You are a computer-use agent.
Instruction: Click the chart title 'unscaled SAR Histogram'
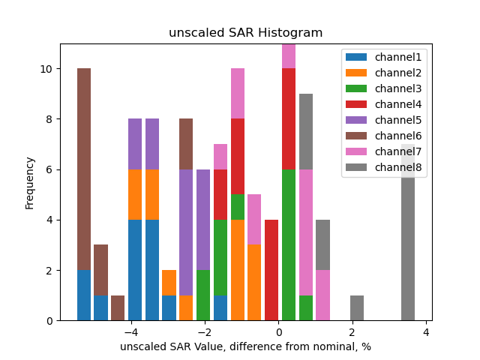(245, 33)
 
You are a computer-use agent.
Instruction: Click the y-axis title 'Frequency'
(30, 182)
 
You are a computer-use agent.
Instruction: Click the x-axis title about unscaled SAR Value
(245, 346)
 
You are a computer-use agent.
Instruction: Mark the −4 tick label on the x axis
(131, 331)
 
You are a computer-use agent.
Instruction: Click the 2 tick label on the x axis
(352, 331)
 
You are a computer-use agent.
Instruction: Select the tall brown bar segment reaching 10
(84, 169)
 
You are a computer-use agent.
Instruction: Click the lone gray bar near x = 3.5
(408, 232)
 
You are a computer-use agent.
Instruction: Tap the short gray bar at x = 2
(357, 308)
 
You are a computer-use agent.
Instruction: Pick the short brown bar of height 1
(118, 308)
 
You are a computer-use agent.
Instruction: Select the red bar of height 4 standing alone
(271, 270)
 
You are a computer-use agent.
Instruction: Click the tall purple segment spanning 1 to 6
(186, 232)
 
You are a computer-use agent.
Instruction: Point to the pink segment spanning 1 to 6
(306, 232)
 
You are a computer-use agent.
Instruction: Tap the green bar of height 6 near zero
(289, 245)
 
